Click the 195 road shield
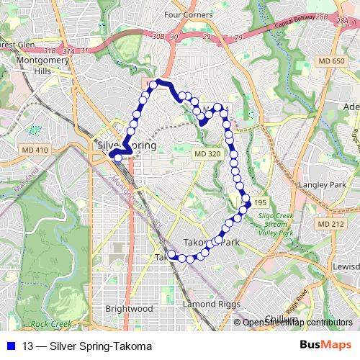tap(259, 203)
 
